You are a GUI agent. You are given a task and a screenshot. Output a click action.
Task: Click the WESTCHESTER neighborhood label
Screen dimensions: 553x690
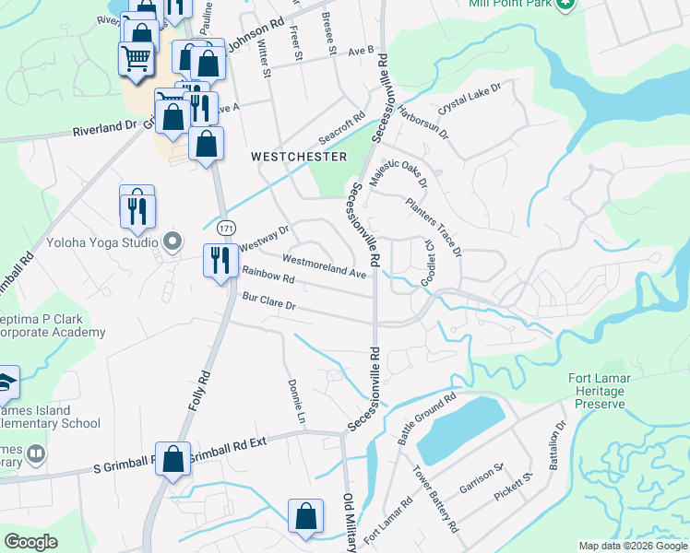point(299,157)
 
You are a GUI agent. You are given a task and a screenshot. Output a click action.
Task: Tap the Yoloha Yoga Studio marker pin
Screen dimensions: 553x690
point(172,242)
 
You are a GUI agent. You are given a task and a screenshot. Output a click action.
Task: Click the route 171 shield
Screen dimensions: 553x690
point(224,227)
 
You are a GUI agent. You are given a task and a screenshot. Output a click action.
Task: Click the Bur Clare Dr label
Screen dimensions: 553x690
point(268,302)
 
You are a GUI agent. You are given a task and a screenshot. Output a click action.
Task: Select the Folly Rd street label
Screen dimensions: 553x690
point(196,388)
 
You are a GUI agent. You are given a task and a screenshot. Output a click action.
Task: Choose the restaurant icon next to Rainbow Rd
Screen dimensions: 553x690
point(219,259)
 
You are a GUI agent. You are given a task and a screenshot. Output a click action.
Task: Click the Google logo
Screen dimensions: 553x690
point(31,542)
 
